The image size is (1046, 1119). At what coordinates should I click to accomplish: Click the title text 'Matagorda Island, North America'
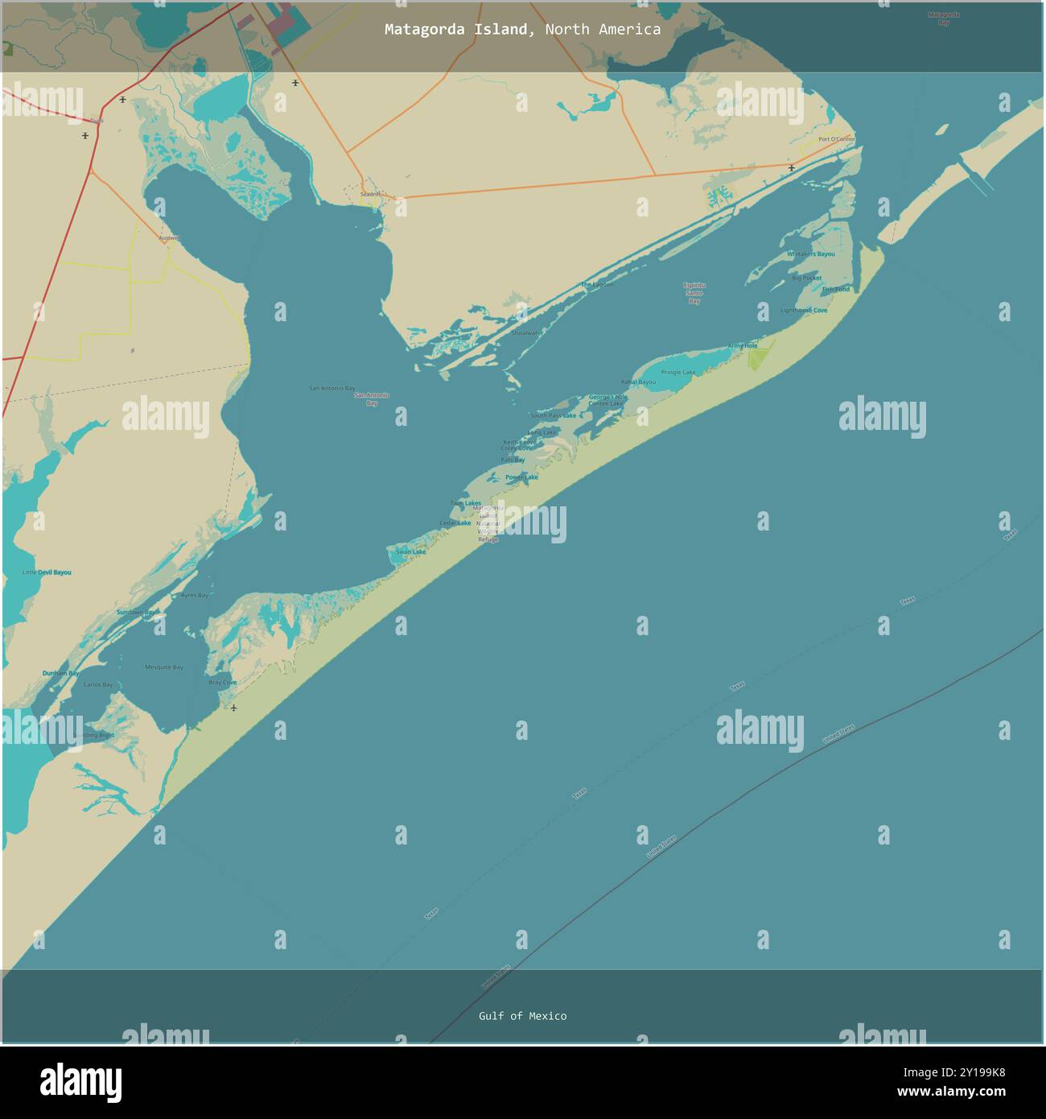tap(522, 30)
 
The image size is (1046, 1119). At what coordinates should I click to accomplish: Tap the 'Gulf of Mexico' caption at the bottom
tap(522, 1016)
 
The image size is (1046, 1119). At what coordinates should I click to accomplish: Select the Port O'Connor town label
tap(836, 139)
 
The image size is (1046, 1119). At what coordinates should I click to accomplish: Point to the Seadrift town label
tap(370, 194)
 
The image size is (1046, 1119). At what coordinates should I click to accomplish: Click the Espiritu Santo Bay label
tap(694, 293)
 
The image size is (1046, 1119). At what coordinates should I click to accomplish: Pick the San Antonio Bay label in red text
tap(372, 398)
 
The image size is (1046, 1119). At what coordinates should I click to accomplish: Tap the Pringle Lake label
tap(678, 372)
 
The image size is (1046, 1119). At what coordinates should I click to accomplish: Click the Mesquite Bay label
tap(164, 667)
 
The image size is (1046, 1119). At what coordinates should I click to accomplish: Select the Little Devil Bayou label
tap(47, 572)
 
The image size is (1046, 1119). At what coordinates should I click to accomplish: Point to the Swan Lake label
tap(410, 551)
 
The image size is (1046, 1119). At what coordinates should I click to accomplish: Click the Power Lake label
tap(521, 477)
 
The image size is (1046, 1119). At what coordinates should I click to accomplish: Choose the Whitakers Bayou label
tap(811, 254)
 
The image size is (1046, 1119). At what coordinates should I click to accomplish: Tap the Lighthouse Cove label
tap(804, 310)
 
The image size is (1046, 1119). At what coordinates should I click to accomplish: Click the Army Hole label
tap(743, 345)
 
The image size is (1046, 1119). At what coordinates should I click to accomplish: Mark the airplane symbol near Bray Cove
tap(233, 708)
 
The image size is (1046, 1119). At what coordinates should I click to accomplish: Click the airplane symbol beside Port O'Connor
tap(793, 168)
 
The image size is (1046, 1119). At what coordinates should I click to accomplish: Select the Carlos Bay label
tap(98, 685)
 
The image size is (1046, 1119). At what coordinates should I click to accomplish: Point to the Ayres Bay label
tap(194, 595)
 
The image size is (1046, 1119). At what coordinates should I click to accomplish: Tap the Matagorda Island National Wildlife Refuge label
tap(488, 523)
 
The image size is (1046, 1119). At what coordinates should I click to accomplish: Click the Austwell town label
tap(170, 238)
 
